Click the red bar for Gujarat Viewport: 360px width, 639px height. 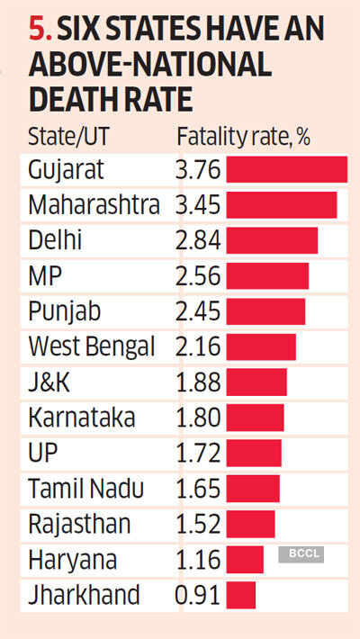pos(286,170)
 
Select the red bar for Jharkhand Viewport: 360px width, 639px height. pos(241,595)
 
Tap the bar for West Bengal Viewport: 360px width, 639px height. pos(261,346)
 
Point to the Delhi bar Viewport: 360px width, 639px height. pos(272,240)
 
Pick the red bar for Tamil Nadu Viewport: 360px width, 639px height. pos(253,489)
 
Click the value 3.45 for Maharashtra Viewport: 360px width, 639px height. pos(198,205)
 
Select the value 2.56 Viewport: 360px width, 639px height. pos(198,276)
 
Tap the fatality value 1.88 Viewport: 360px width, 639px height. pos(198,382)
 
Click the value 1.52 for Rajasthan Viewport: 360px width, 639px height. pos(198,524)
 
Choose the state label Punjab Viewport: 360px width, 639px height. pos(64,311)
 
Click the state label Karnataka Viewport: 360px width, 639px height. pos(82,418)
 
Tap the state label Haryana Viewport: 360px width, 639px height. pos(72,560)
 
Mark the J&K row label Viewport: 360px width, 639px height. pos(49,382)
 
